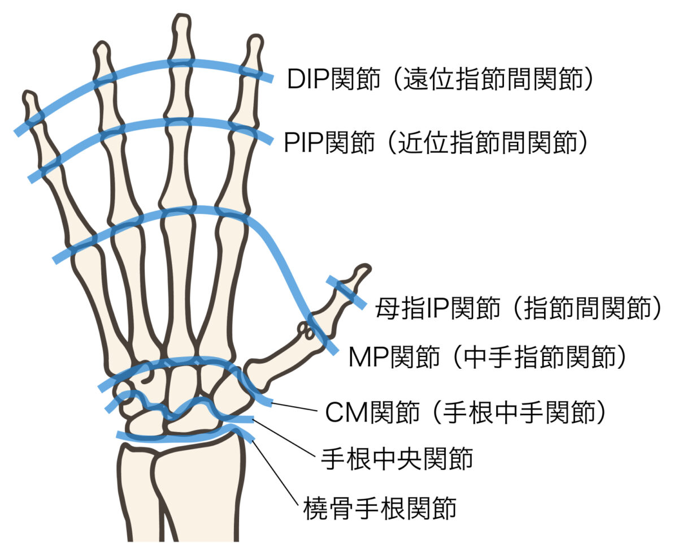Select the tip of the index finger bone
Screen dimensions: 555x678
pos(255,41)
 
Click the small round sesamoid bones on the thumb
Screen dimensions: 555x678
pos(306,331)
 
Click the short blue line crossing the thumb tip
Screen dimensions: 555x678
pos(346,292)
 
